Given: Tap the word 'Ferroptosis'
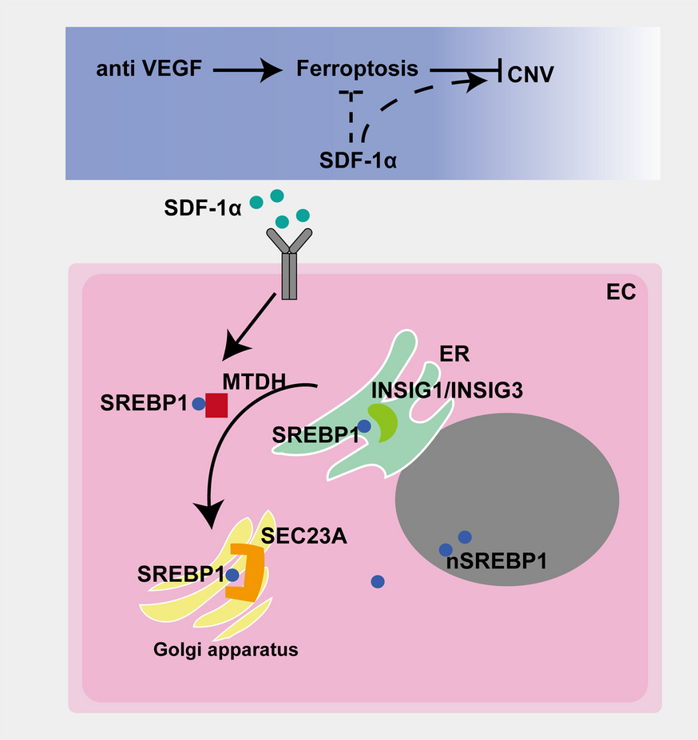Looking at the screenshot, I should click(x=357, y=69).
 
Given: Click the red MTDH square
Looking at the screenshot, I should click(x=216, y=405).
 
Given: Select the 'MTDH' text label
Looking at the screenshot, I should click(x=254, y=382).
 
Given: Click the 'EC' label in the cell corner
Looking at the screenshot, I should click(x=616, y=293).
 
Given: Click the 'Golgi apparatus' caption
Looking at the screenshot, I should click(x=225, y=649).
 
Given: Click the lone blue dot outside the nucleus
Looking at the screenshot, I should click(x=379, y=581).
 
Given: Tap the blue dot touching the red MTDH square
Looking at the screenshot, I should click(x=199, y=404).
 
